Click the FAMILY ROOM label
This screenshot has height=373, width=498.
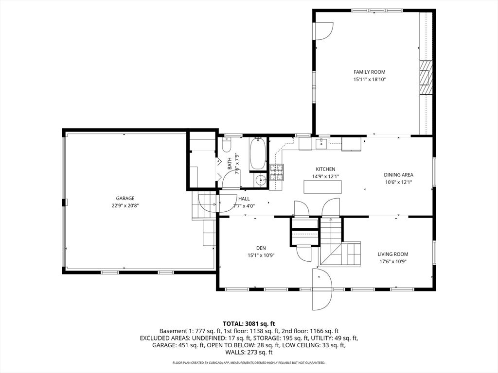pos(369,72)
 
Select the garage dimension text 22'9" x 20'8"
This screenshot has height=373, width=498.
pos(125,205)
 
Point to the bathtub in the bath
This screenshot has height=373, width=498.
pos(257,153)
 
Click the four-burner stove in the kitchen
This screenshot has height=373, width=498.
pos(276,172)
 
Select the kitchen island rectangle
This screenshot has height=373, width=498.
pos(323,186)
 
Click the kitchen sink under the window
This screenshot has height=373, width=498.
pos(321,143)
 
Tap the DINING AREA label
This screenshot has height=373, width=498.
pos(398,175)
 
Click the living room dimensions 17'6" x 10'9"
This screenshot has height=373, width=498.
pos(392,261)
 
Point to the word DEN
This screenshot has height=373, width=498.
pos(261,248)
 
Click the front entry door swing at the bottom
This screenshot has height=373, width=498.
pos(321,290)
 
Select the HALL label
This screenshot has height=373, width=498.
pos(244,199)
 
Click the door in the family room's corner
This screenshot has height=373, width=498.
pos(323,31)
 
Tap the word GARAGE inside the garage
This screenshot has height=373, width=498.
pos(125,198)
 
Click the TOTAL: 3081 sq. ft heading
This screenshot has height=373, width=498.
pos(249,323)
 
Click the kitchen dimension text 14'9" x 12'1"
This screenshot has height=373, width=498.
pos(325,176)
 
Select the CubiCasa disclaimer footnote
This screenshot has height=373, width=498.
pos(249,363)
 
